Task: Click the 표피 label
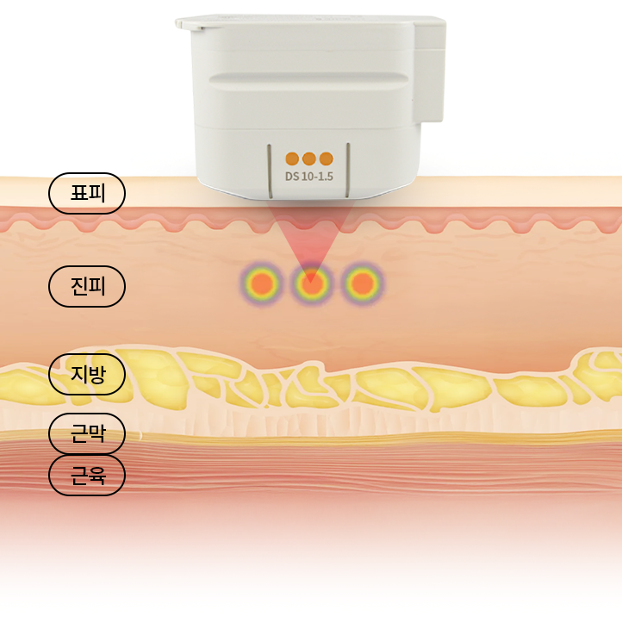coord(87,193)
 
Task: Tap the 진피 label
coord(87,286)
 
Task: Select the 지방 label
coord(87,374)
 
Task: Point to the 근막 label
coord(87,433)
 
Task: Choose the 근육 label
coord(87,475)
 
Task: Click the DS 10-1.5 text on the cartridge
coord(309,177)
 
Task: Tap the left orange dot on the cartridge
coord(292,159)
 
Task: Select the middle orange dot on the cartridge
coord(309,159)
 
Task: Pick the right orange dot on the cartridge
coord(326,159)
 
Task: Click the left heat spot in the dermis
coord(262,283)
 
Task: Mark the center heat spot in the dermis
coord(311,283)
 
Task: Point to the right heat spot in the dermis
coord(362,283)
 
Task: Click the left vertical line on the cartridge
coord(270,171)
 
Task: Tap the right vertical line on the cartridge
coord(348,171)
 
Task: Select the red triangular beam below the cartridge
coord(310,235)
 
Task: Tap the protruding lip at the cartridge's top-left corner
coord(190,23)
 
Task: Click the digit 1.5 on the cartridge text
coord(325,177)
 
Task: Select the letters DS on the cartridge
coord(292,177)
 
